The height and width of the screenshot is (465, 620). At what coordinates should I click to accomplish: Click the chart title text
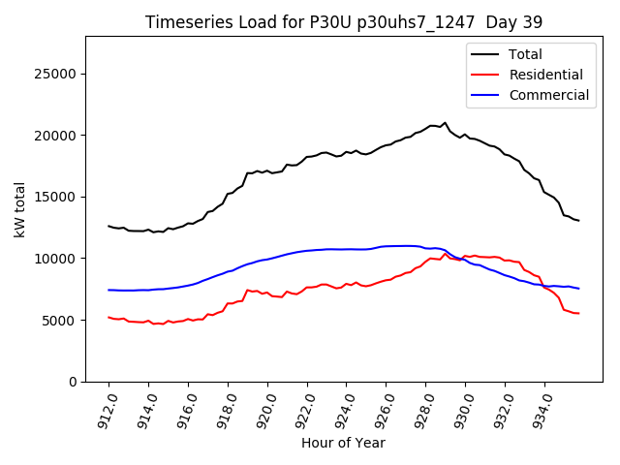point(344,21)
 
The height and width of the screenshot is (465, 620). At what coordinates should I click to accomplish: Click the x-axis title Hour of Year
point(343,444)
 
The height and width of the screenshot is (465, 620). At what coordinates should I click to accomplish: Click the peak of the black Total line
point(446,123)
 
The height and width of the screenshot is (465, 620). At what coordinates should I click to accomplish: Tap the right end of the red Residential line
point(578,313)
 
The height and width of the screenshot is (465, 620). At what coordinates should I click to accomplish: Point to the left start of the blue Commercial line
point(108,290)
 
